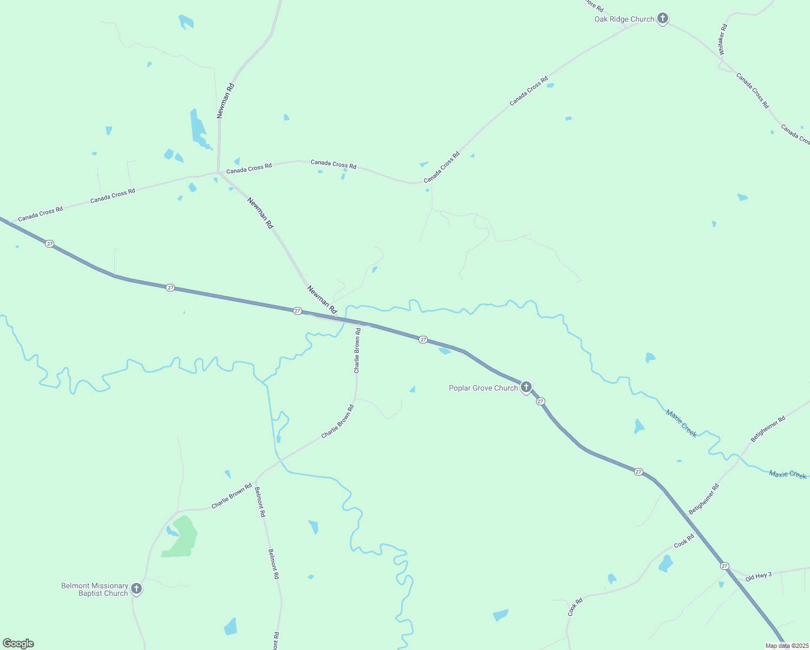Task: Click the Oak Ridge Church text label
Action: tap(624, 19)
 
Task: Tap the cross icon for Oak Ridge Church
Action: tap(662, 18)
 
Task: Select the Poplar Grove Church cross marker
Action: tap(526, 387)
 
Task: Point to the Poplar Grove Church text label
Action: tap(483, 388)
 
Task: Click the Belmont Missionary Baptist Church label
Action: tap(95, 589)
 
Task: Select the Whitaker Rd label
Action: tap(722, 40)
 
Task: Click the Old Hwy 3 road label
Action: tap(758, 576)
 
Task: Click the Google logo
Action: tap(18, 643)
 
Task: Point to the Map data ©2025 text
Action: tap(786, 646)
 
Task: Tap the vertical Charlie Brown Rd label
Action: tap(357, 350)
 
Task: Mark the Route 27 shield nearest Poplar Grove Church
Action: tap(540, 401)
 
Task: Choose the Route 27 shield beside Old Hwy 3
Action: tap(724, 566)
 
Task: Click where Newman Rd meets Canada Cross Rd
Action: tap(218, 173)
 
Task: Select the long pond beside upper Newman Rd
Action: tap(197, 127)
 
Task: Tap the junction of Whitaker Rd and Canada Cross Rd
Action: tap(721, 65)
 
